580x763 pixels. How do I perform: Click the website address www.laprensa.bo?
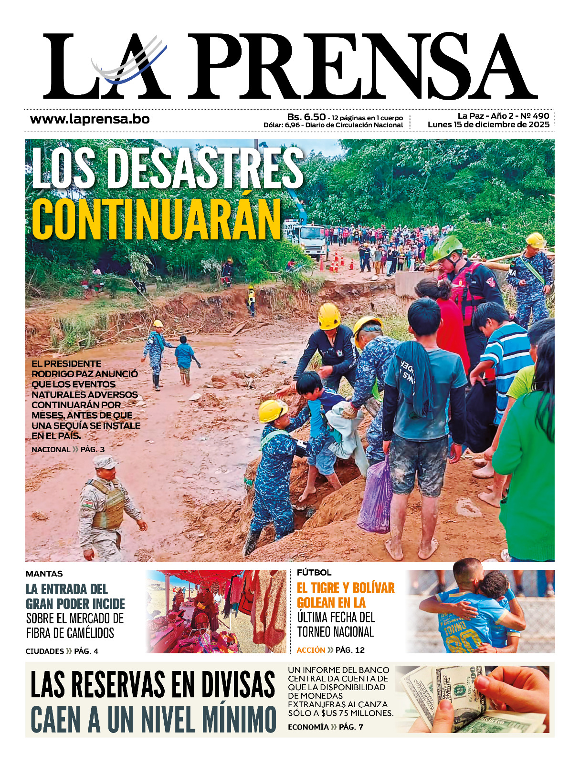[90, 119]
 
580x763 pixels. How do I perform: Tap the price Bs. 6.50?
[306, 117]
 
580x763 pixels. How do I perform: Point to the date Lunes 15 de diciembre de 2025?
[488, 125]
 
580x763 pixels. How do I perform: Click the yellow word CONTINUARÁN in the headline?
[157, 220]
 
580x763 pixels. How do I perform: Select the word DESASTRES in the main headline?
[205, 168]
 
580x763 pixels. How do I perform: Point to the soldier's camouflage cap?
[105, 462]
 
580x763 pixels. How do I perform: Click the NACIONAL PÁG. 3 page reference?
[68, 449]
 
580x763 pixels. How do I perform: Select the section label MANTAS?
[44, 574]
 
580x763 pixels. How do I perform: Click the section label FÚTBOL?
[314, 572]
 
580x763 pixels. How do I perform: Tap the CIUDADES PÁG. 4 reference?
[62, 651]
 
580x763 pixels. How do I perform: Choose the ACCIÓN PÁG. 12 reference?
[330, 650]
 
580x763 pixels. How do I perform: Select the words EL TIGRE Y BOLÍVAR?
[346, 588]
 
